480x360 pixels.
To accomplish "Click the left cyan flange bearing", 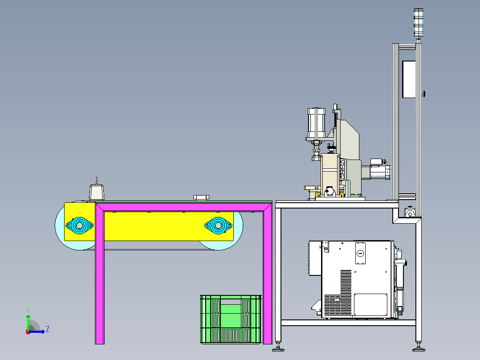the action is pos(80,225).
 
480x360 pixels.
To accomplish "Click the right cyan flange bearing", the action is pos(218,225).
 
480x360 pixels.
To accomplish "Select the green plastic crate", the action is pos(231,319).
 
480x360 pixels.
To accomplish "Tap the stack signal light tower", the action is pos(419,23).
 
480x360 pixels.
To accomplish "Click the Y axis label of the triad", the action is pos(28,310).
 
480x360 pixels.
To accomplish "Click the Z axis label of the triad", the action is pos(48,329).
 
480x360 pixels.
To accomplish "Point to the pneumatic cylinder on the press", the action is pos(316,123).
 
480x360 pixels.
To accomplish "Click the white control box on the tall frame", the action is pos(409,79).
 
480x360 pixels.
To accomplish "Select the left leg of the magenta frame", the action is pos(100,274).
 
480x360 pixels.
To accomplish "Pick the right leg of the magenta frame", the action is pos(268,274).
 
